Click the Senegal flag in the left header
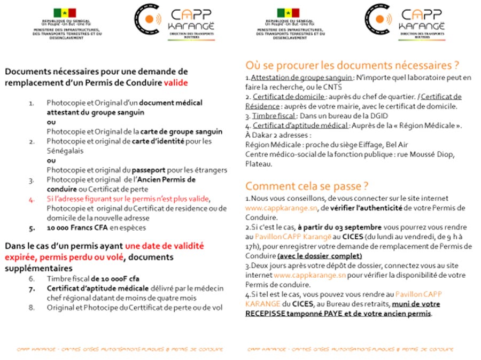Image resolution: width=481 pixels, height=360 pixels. click(65, 12)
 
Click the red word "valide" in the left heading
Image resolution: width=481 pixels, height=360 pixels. click(176, 83)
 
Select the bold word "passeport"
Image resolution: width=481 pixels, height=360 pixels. click(173, 170)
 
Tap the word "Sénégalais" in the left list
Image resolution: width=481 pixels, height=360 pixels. click(63, 151)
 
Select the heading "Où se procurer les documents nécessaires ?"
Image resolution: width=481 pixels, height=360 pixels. click(352, 65)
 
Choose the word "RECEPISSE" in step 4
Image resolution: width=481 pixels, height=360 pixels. click(267, 313)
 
